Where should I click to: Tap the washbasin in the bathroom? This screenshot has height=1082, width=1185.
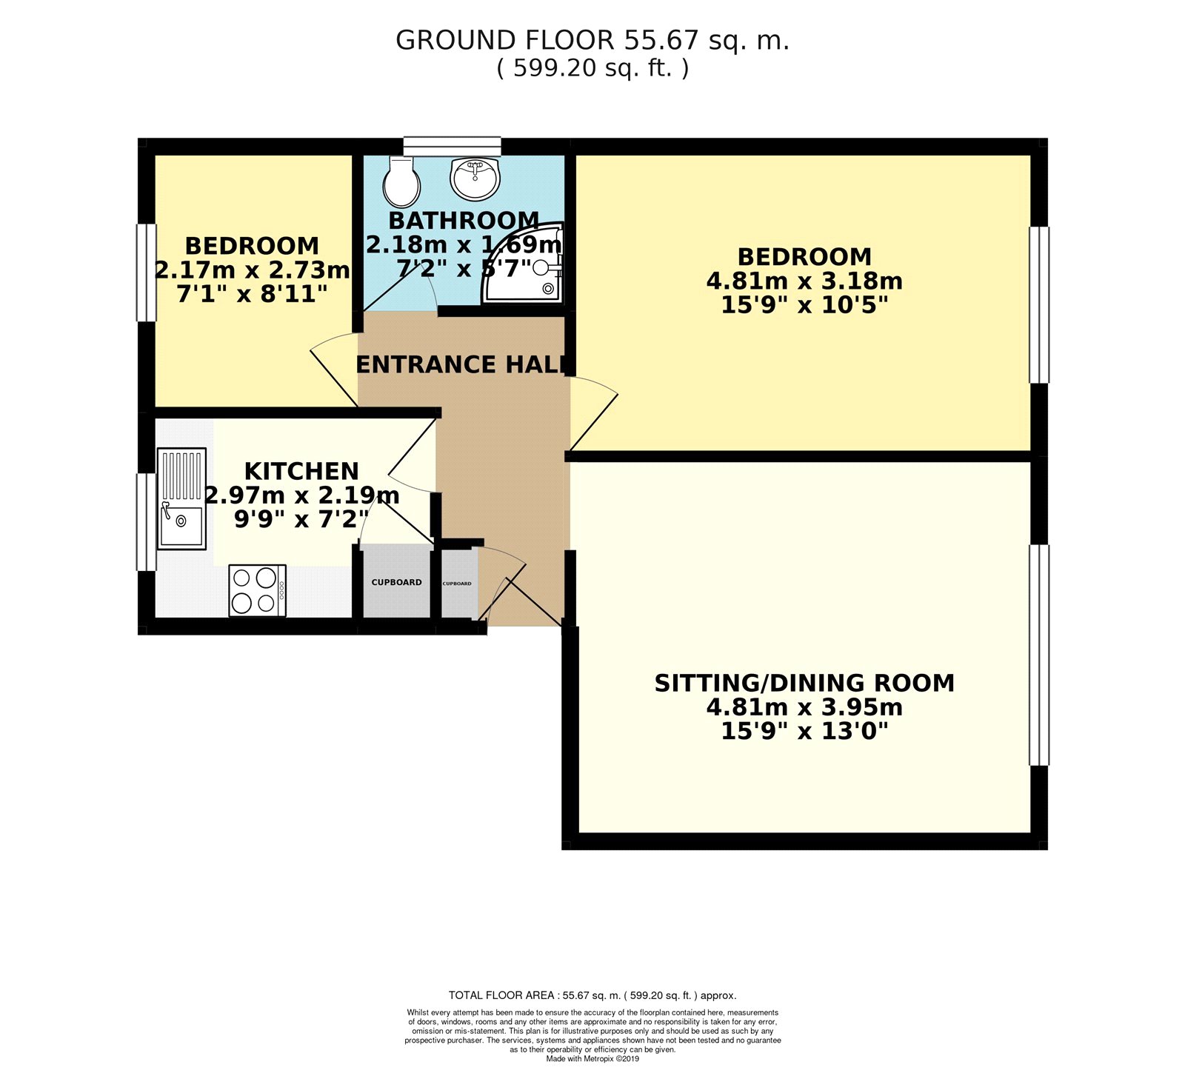click(475, 178)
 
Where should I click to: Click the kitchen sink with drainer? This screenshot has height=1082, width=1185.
click(181, 498)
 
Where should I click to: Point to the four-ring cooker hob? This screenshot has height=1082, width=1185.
click(257, 590)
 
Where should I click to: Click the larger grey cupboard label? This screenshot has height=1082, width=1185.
click(396, 582)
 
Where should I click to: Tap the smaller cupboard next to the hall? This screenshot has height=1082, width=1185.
click(458, 584)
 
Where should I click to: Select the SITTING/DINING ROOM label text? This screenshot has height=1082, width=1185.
click(804, 683)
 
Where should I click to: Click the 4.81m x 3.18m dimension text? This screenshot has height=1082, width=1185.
click(804, 281)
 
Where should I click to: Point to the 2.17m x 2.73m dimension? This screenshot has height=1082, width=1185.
click(253, 270)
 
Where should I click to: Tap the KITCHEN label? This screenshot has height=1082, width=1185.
click(301, 471)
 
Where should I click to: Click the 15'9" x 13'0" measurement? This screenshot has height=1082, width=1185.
click(804, 732)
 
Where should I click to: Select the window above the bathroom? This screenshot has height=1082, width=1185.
click(452, 146)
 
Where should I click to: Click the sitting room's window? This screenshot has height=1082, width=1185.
click(1039, 655)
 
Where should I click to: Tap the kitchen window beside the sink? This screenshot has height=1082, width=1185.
click(147, 521)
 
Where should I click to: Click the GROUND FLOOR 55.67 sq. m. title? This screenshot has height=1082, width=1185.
click(592, 40)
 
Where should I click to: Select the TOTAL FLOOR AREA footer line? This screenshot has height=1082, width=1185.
click(592, 995)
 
